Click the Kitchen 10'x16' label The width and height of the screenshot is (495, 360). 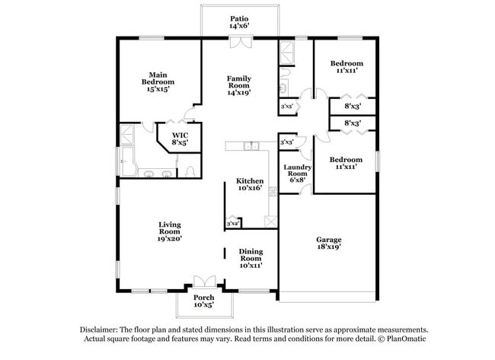250,184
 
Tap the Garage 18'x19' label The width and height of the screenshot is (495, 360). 328,244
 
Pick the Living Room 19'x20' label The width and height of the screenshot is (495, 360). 169,231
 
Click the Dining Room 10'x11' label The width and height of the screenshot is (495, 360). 251,257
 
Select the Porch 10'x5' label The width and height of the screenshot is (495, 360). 203,301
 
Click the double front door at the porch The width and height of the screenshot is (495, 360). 203,282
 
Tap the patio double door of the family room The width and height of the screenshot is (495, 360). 239,43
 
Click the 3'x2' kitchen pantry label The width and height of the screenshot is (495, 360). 232,224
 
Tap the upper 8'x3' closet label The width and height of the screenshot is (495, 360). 352,107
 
